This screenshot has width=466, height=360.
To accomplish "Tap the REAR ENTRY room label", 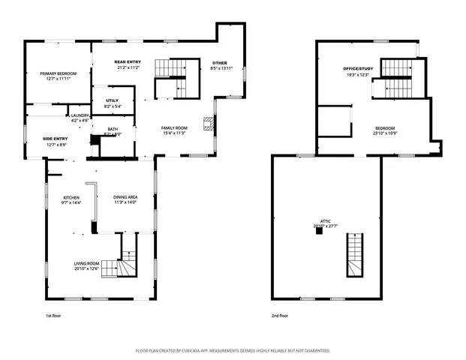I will tap(128, 61).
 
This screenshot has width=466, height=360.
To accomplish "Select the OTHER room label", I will tap(219, 63).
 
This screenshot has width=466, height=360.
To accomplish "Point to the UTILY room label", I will tap(112, 100).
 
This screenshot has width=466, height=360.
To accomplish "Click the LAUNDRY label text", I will tap(80, 115).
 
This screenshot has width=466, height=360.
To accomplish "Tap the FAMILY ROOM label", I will tap(174, 128).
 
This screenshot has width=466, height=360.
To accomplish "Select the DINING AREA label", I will tap(125, 197).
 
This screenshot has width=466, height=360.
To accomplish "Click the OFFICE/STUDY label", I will tap(358, 69).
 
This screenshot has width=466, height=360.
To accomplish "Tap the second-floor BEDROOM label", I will tap(385, 128).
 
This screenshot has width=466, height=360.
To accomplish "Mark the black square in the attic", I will tap(319, 231).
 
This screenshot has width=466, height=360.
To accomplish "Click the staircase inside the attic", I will tap(353, 255).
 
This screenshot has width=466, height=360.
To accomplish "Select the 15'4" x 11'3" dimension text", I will tap(174, 133).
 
